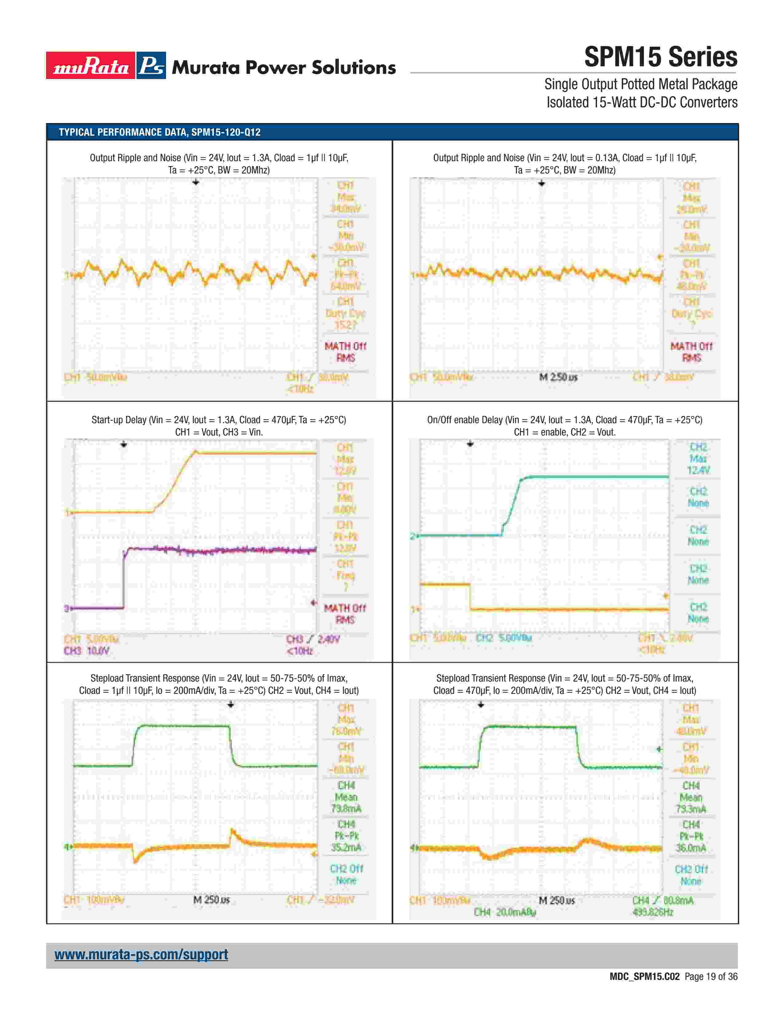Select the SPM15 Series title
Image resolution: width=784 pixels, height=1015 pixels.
tap(660, 57)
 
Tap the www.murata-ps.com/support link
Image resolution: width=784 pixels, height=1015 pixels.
tap(141, 954)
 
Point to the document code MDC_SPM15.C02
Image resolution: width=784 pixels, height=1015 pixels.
tap(644, 977)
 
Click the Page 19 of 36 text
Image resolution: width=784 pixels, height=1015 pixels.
tap(711, 977)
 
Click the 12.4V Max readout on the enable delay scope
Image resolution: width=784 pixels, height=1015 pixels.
tap(698, 470)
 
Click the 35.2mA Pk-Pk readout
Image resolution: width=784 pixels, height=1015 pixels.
tap(346, 848)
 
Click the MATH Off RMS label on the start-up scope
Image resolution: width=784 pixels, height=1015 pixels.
tap(345, 614)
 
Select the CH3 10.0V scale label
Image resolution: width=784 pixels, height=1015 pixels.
tap(86, 651)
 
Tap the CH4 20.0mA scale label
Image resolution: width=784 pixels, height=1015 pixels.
tap(505, 912)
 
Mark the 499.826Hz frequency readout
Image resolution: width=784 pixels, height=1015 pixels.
tap(652, 912)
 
